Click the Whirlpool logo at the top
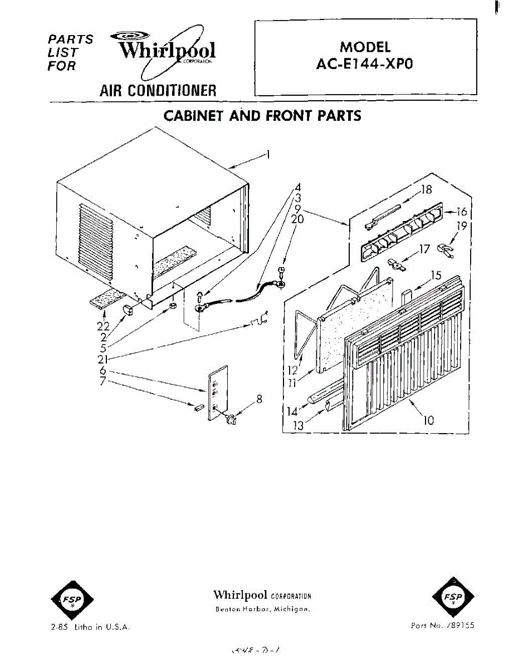[x=167, y=52]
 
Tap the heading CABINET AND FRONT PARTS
[x=262, y=116]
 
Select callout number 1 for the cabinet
[x=268, y=154]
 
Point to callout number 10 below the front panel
[x=428, y=421]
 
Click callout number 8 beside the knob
[x=258, y=399]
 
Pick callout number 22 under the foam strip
[x=104, y=326]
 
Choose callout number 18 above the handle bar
[x=427, y=189]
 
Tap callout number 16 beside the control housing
[x=461, y=212]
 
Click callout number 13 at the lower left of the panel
[x=298, y=426]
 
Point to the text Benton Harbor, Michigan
[x=261, y=609]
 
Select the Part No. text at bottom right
[x=442, y=626]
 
